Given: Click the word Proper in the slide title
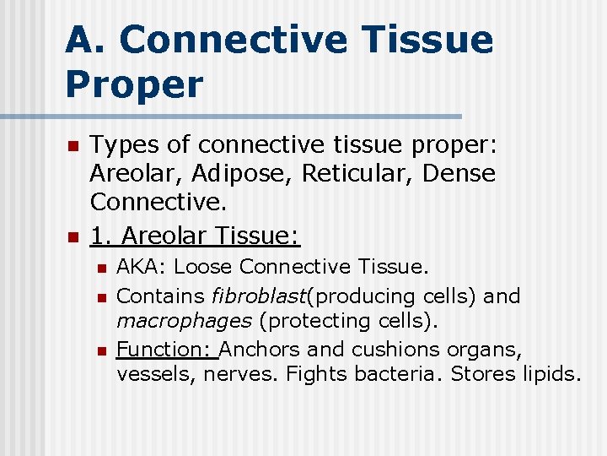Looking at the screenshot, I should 134,84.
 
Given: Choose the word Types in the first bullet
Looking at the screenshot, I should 124,145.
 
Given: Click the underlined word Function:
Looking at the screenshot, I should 165,349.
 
